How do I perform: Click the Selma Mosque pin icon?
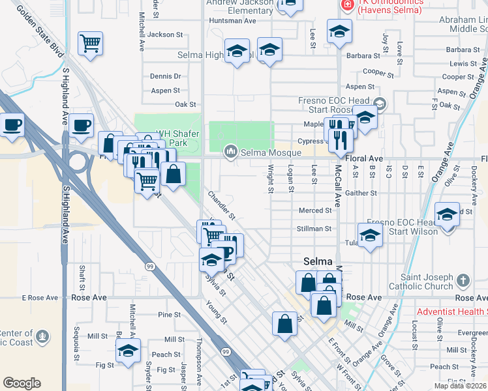230,152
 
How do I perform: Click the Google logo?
22,383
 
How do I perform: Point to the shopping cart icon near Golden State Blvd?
90,44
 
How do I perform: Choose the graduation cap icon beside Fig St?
129,351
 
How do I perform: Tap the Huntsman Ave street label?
232,20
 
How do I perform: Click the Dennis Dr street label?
165,76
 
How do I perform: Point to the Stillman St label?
314,229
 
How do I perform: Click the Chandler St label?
221,205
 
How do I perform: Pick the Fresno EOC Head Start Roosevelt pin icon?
380,103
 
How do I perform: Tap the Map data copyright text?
461,386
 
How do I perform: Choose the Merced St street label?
315,210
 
